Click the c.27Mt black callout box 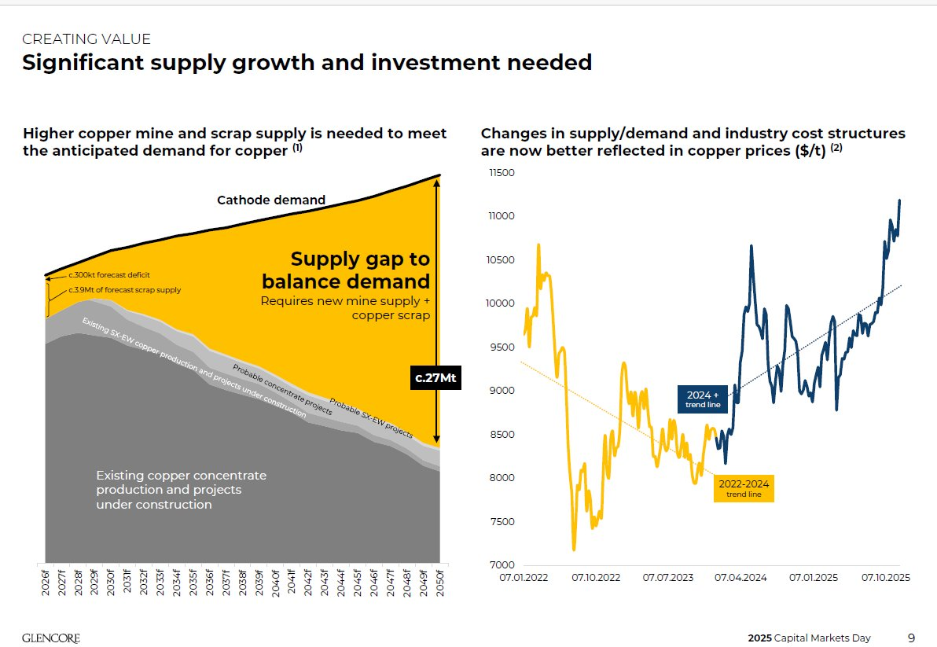click(436, 379)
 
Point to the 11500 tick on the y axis click(502, 173)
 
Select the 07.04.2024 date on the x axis click(740, 578)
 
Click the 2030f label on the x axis click(111, 582)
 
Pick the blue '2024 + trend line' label click(704, 399)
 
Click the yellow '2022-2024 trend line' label click(743, 489)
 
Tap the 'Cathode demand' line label click(270, 200)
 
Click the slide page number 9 click(911, 638)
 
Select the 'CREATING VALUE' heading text click(86, 39)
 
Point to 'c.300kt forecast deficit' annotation click(108, 275)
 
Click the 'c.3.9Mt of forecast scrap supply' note click(124, 290)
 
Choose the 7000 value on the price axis click(504, 565)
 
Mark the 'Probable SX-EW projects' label click(370, 417)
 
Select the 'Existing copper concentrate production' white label click(181, 490)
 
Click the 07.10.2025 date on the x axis click(885, 578)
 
